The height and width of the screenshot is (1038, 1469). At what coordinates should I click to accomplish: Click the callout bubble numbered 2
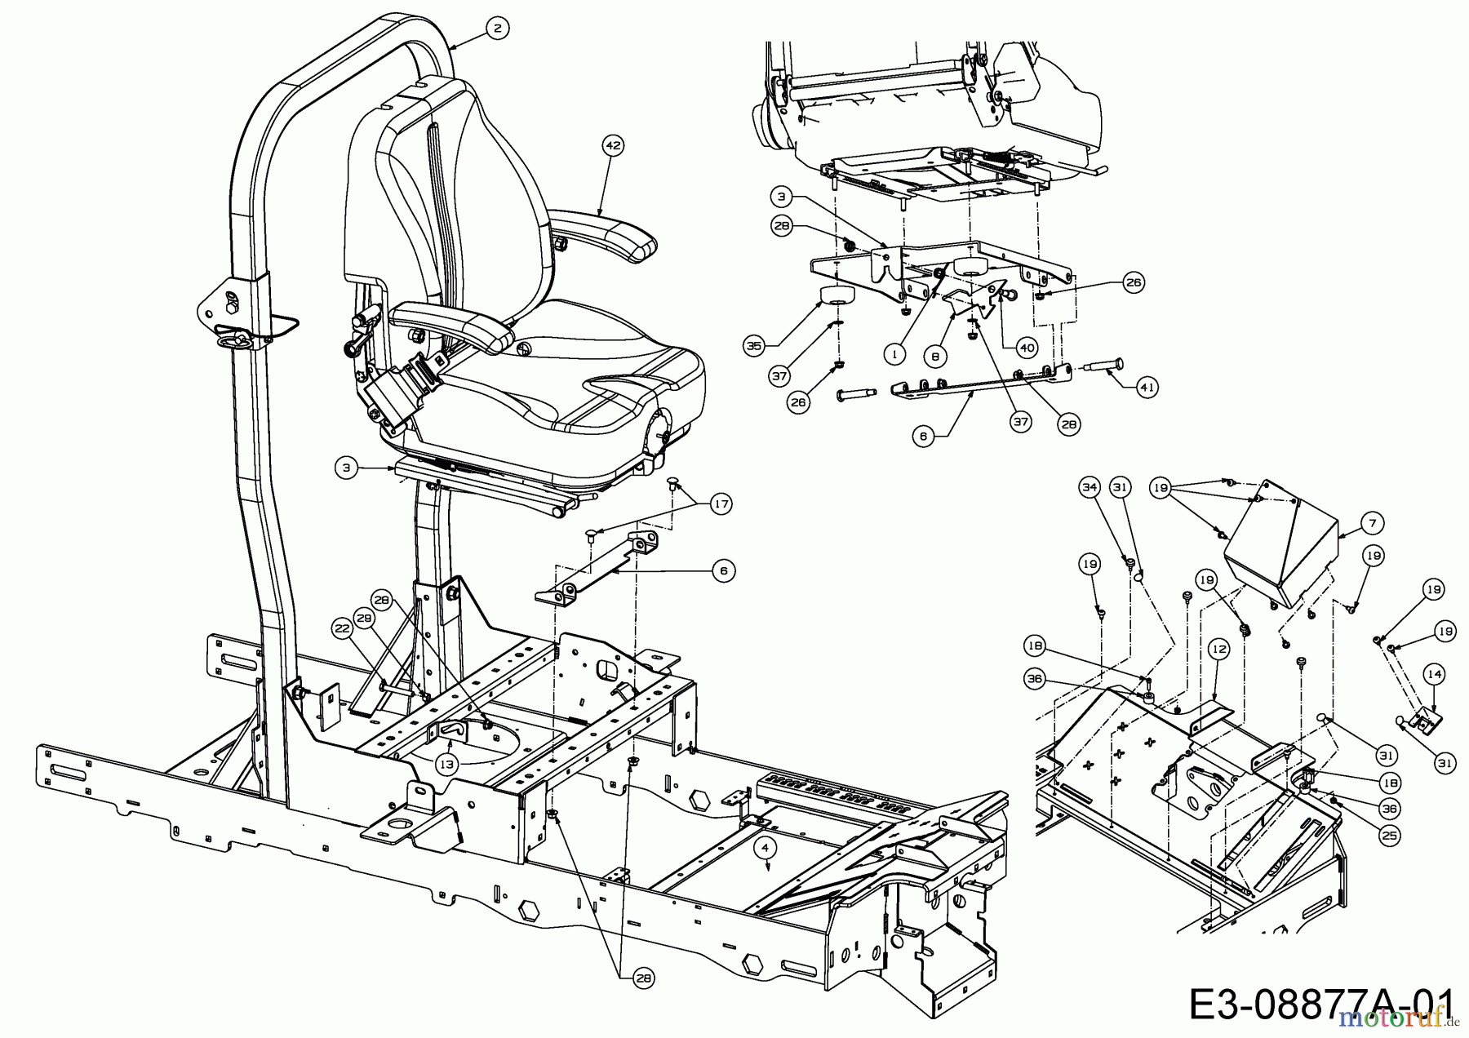pos(497,28)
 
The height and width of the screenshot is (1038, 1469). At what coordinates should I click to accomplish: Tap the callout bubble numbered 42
pos(613,146)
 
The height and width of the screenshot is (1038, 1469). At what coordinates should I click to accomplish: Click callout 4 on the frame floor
pos(765,847)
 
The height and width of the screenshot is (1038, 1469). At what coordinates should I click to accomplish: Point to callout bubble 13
pos(446,764)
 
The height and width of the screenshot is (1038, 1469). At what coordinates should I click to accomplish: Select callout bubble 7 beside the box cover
pos(1373,522)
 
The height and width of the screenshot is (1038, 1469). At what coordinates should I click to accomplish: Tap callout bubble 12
pos(1219,650)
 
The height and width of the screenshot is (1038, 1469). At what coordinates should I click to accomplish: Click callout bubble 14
pos(1434,674)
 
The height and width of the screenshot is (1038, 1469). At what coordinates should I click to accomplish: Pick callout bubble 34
pos(1090,487)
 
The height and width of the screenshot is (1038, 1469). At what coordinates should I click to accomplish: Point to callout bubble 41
pos(1147,388)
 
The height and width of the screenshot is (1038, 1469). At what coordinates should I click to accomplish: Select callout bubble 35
pos(754,346)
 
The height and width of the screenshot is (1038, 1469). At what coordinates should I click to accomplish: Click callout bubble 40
pos(1027,348)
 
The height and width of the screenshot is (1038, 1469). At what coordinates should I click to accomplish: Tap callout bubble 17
pos(721,504)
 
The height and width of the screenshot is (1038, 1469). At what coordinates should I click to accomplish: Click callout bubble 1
pos(895,354)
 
